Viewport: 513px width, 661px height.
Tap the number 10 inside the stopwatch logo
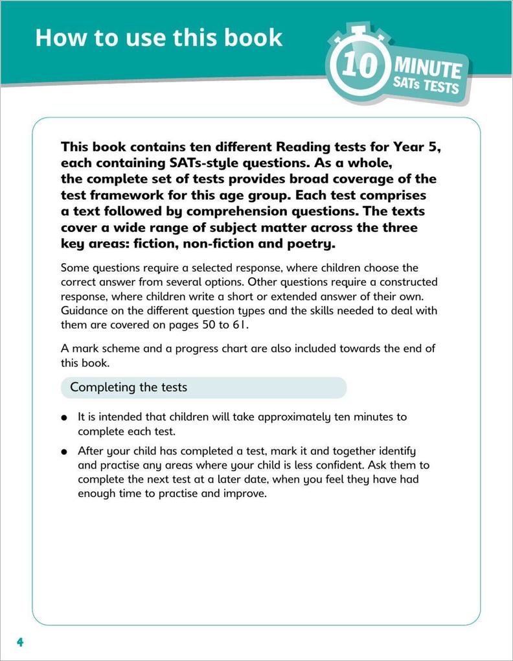359,66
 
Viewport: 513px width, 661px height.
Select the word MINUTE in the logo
428,68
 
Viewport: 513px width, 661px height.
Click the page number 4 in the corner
20,642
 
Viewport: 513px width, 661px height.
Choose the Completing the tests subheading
128,388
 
